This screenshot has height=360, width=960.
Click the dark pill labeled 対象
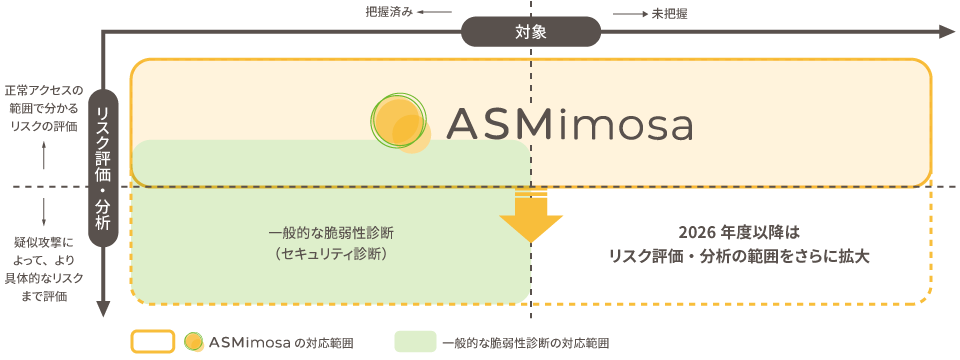coord(531,32)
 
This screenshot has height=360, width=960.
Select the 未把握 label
coord(670,13)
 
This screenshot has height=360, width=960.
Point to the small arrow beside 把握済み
coord(435,13)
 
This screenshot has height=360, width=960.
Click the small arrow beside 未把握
coord(627,13)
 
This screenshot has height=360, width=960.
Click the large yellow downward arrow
coord(531,216)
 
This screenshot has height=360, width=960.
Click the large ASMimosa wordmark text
coord(569,124)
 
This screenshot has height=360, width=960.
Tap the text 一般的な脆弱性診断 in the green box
coord(330,233)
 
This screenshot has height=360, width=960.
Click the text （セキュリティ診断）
coord(330,254)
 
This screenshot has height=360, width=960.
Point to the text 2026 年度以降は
coord(739,233)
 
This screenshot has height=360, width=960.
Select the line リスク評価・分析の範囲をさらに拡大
coord(739,256)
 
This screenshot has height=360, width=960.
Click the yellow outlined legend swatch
coord(154,342)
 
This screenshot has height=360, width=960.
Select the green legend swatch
coord(415,342)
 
